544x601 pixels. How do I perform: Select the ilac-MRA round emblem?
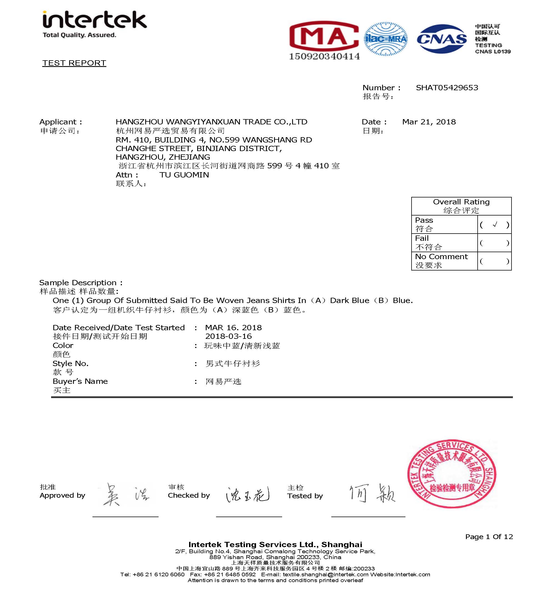point(386,39)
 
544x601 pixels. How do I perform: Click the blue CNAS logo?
point(442,39)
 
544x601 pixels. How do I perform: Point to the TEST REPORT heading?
point(74,63)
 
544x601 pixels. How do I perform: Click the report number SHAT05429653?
point(447,88)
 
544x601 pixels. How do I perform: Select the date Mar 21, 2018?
point(429,122)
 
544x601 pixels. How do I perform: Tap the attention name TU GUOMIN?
point(184,175)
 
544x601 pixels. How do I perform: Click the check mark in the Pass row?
point(495,224)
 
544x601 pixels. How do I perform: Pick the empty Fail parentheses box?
point(494,243)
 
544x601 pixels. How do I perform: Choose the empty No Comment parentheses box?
point(494,261)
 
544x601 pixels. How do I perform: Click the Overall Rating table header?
point(461,206)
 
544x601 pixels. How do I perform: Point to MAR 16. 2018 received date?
point(233,328)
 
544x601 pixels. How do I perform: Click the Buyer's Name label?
point(80,381)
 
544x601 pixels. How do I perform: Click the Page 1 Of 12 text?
point(489,537)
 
